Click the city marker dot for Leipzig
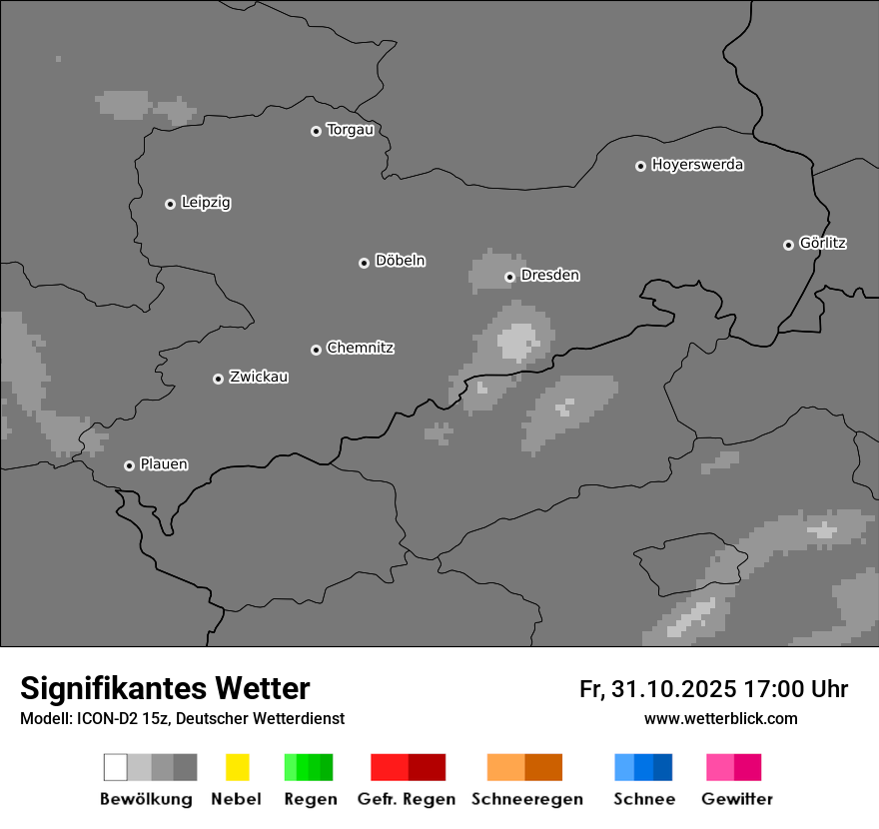click(x=170, y=204)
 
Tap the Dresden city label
click(x=550, y=275)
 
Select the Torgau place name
click(x=350, y=130)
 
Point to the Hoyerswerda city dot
click(x=640, y=166)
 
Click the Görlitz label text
click(x=823, y=243)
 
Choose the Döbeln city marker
click(x=364, y=263)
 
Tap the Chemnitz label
click(x=361, y=348)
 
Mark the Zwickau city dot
click(x=218, y=379)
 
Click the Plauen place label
click(x=164, y=464)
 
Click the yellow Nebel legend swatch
click(x=237, y=767)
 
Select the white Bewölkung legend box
click(x=115, y=767)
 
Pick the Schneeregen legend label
click(x=527, y=799)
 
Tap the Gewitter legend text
click(x=737, y=799)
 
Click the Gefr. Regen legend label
click(x=406, y=799)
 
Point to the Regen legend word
click(x=310, y=799)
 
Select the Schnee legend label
click(x=644, y=799)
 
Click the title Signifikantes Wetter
click(x=165, y=688)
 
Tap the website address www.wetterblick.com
click(x=721, y=718)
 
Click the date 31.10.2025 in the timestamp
click(x=674, y=689)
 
